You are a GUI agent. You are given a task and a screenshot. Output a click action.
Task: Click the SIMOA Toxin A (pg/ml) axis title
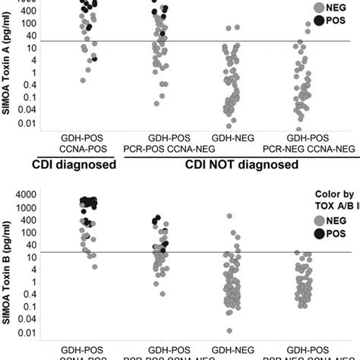click(x=8, y=68)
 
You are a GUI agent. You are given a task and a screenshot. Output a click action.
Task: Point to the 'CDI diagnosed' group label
click(x=74, y=164)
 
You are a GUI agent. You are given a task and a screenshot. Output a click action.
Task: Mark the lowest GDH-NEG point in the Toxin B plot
click(x=229, y=330)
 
